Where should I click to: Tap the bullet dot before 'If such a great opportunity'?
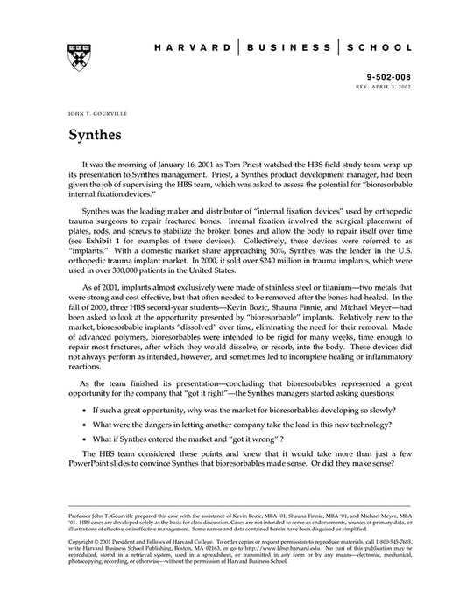click(x=84, y=409)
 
